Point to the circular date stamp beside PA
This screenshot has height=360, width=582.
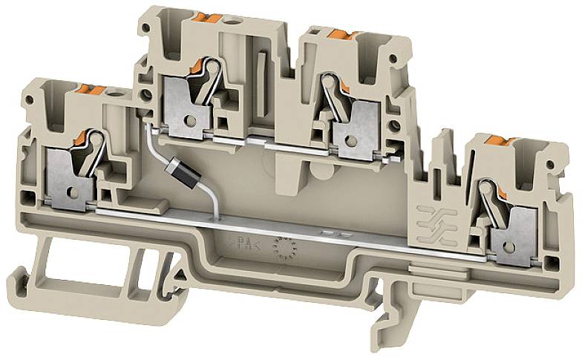pos(281,249)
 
